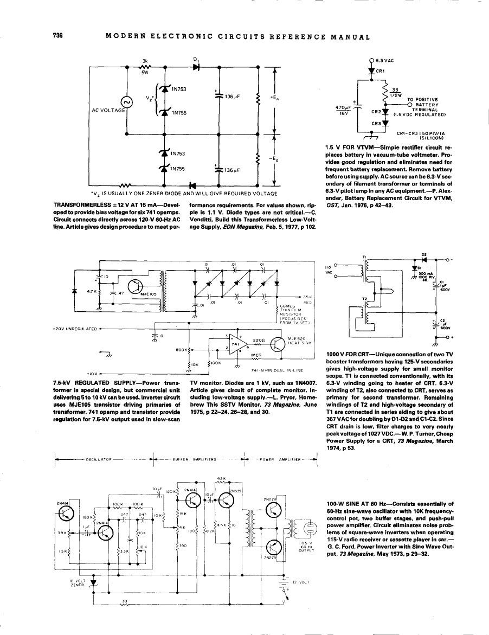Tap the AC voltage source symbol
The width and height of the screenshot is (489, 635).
click(127, 101)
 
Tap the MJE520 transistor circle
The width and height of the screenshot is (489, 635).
click(278, 344)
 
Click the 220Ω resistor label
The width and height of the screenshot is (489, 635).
click(258, 340)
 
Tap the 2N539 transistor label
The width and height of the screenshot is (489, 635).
click(235, 491)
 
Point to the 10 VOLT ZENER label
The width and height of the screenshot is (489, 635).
click(75, 582)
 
